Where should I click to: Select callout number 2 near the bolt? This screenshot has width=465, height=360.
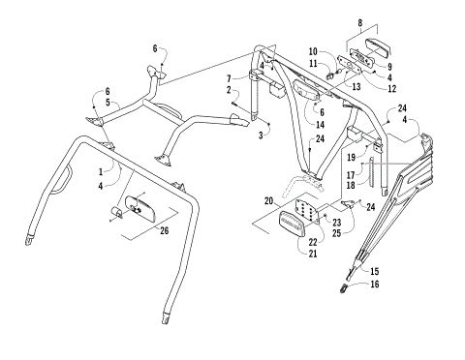coord(229,90)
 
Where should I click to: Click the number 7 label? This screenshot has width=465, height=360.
coord(229,77)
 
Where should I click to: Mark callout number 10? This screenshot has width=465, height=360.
coord(313,50)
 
